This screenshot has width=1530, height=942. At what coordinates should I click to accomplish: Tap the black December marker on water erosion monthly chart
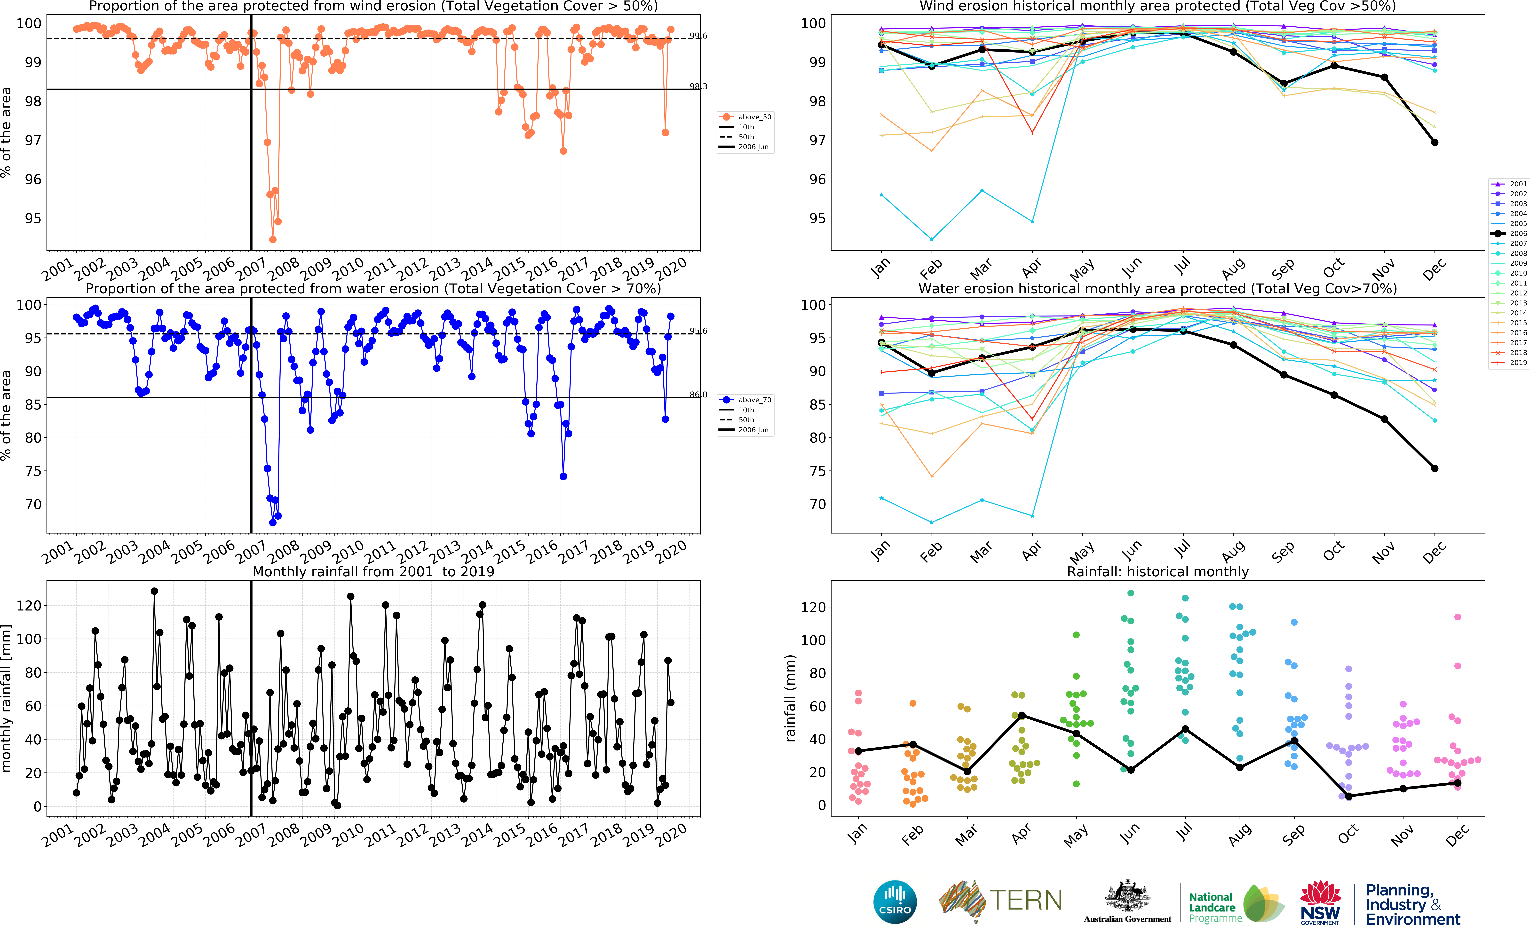(1435, 469)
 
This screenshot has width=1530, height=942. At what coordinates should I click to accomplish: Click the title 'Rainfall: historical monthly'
(1157, 571)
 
